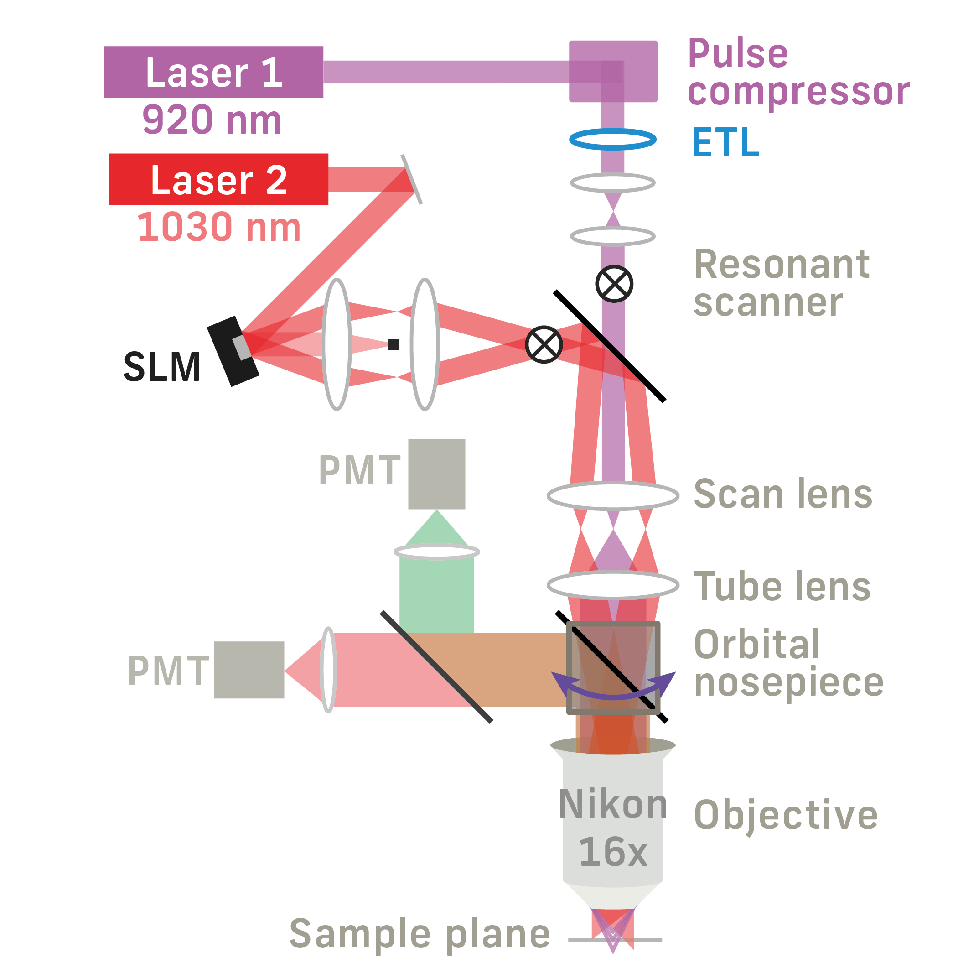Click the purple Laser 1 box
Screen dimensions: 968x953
pyautogui.click(x=214, y=72)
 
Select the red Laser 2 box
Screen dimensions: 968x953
pyautogui.click(x=219, y=179)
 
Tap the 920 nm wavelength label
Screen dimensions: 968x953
pyautogui.click(x=212, y=120)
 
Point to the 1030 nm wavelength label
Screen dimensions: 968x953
pyautogui.click(x=219, y=227)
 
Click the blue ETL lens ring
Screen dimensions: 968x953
pyautogui.click(x=613, y=139)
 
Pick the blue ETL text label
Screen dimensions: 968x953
pyautogui.click(x=725, y=143)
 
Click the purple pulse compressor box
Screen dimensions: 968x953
pyautogui.click(x=613, y=71)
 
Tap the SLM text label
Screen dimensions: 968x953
pyautogui.click(x=162, y=367)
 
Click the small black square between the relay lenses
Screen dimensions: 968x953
pyautogui.click(x=394, y=344)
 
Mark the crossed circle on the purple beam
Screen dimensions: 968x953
pyautogui.click(x=614, y=284)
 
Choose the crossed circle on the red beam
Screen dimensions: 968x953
pyautogui.click(x=544, y=344)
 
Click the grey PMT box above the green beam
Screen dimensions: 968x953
pyautogui.click(x=436, y=474)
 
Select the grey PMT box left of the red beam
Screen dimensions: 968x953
pyautogui.click(x=249, y=670)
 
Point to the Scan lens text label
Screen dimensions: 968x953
pyautogui.click(x=783, y=494)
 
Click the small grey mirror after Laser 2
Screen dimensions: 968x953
pyautogui.click(x=411, y=179)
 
